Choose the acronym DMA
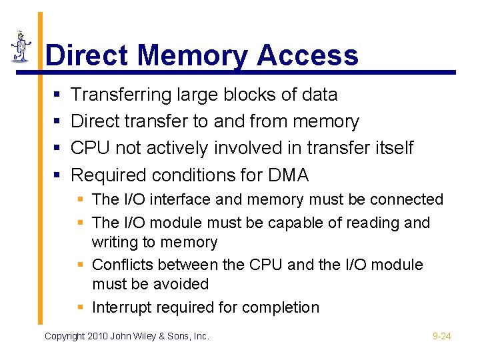(x=288, y=175)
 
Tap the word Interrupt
(x=119, y=307)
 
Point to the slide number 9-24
(x=442, y=337)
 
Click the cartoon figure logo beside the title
(x=22, y=47)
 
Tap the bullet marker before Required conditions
(x=57, y=176)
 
